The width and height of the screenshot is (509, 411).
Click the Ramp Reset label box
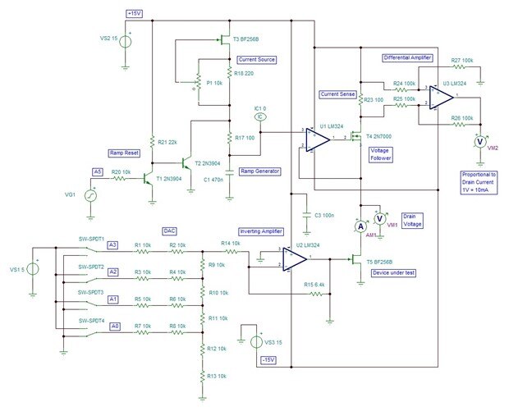pos(126,153)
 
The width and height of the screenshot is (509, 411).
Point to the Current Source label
pos(257,59)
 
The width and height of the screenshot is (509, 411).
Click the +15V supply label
pos(135,13)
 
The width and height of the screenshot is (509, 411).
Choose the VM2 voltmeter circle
pos(482,140)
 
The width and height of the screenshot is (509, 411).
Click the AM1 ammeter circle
pos(359,225)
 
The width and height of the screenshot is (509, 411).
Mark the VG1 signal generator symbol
pos(92,194)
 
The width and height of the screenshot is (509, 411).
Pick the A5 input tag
pos(98,171)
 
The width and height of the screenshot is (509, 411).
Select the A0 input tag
pos(114,326)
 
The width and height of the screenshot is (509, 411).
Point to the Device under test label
pos(392,272)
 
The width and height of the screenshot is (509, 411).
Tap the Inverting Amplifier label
pos(260,231)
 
